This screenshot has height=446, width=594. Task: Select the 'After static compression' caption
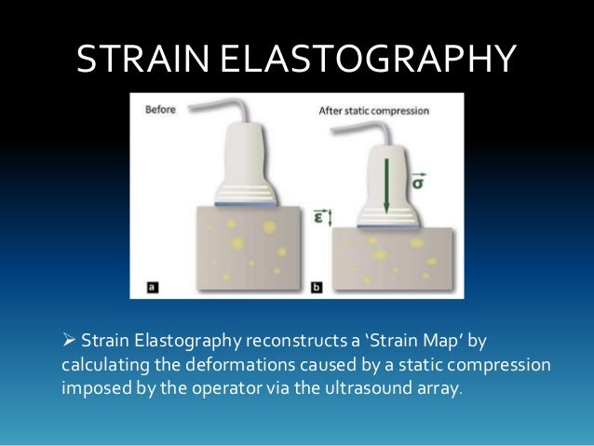click(x=374, y=110)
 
